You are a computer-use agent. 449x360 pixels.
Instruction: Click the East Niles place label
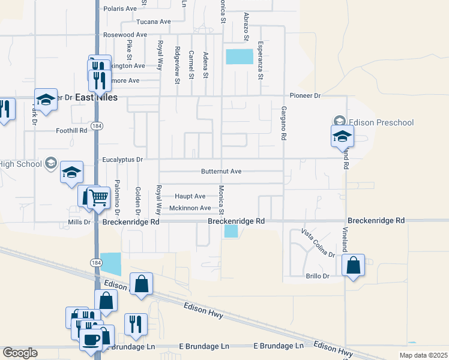click(x=97, y=97)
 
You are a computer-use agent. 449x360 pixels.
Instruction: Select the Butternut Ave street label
click(x=221, y=172)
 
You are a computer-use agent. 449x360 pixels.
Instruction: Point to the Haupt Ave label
click(x=190, y=196)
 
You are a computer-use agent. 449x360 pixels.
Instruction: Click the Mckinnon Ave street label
click(x=190, y=208)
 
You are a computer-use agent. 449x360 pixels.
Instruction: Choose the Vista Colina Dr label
click(x=318, y=242)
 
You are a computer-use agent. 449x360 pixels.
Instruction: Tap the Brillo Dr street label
click(x=318, y=276)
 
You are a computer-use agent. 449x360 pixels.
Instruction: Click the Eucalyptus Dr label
click(x=122, y=160)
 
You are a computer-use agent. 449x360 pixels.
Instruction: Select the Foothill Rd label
click(x=71, y=130)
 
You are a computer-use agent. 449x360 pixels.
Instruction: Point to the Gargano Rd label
click(x=283, y=124)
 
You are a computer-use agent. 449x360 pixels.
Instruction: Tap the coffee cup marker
click(x=92, y=339)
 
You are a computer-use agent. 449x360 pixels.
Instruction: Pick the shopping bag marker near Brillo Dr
click(x=354, y=264)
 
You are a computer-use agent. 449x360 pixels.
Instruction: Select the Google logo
click(x=20, y=353)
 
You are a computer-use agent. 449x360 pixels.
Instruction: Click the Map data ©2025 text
click(x=423, y=355)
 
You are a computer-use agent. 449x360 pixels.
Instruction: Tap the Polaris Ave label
click(x=120, y=9)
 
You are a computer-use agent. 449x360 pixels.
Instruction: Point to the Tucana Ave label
click(x=154, y=22)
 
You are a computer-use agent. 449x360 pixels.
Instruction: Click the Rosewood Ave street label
click(x=125, y=35)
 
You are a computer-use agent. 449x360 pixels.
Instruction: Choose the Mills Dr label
click(x=78, y=222)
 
